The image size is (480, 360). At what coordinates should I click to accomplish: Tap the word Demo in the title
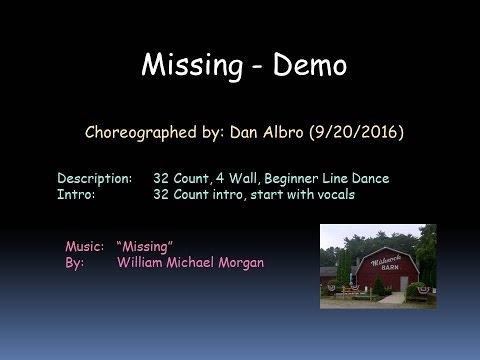coord(305,66)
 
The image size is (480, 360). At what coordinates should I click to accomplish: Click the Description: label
coord(94,178)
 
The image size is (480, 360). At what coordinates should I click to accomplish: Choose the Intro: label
coord(76,194)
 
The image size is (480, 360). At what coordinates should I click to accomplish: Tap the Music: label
coord(84,245)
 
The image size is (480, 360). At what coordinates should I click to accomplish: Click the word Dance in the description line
coord(370,178)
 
